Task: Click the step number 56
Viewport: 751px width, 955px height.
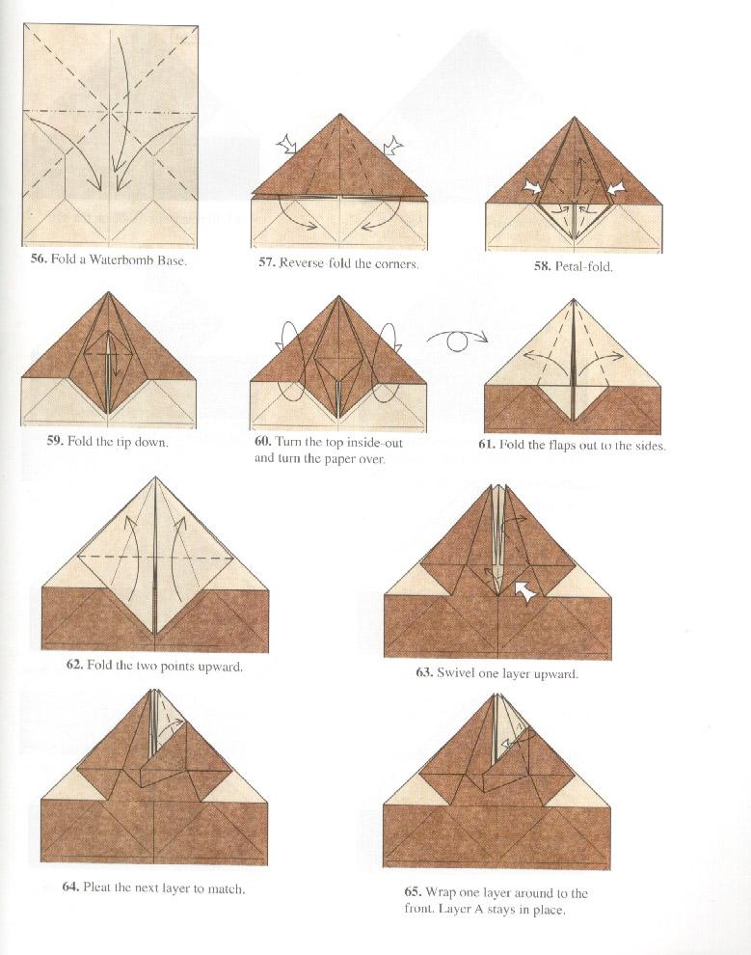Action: pyautogui.click(x=38, y=259)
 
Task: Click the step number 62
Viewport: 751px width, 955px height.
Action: pyautogui.click(x=75, y=666)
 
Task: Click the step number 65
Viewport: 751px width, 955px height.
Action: pyautogui.click(x=415, y=893)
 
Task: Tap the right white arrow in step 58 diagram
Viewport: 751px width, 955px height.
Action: pyautogui.click(x=616, y=186)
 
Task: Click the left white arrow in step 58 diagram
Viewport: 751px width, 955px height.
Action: pyautogui.click(x=532, y=186)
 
